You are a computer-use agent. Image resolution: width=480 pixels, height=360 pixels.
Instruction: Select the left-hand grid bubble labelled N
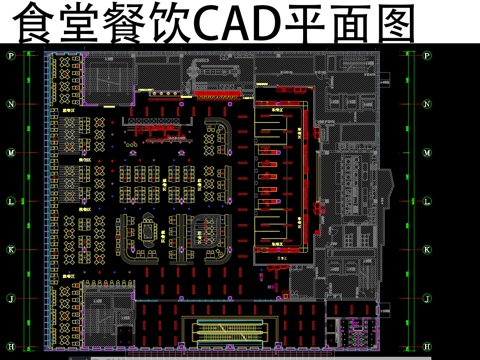(11, 104)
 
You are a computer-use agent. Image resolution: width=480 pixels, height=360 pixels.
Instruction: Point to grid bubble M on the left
(11, 153)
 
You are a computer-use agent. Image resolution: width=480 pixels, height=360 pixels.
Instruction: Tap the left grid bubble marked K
(11, 250)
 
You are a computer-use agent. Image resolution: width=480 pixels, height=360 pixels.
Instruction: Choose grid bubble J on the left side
(11, 298)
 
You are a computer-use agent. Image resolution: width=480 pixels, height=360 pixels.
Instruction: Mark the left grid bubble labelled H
(11, 346)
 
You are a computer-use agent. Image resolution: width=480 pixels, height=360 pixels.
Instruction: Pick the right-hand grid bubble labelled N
(429, 104)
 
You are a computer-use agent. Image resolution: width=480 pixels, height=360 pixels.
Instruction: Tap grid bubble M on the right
(429, 153)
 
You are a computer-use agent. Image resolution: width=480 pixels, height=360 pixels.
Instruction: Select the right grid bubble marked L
(429, 201)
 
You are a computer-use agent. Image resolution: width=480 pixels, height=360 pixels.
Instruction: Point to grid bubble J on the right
(429, 298)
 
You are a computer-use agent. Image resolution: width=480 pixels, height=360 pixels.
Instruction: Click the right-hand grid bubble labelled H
(429, 346)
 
